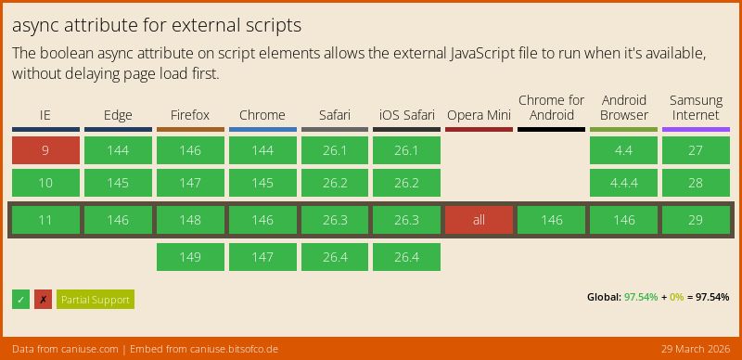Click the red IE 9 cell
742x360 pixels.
tap(45, 150)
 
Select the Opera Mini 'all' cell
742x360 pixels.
tap(479, 220)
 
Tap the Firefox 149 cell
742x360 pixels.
tap(190, 257)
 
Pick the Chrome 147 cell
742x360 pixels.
tap(262, 257)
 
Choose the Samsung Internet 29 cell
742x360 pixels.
tap(696, 220)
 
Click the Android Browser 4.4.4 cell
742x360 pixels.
tap(623, 183)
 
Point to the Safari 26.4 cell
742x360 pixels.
tap(334, 257)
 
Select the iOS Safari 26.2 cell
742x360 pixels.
tap(406, 183)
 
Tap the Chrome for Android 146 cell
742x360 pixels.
tap(551, 220)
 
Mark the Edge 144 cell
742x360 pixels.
tap(118, 150)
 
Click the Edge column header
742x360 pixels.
tap(118, 115)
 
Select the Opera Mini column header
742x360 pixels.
tap(479, 115)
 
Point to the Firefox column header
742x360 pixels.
tap(190, 115)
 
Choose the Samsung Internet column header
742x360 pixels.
tap(696, 108)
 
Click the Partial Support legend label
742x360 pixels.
tap(96, 300)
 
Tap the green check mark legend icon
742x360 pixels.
tap(20, 300)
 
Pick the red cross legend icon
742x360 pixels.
tap(43, 300)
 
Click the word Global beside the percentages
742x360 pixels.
tap(603, 297)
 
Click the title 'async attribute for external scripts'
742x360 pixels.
tap(157, 25)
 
